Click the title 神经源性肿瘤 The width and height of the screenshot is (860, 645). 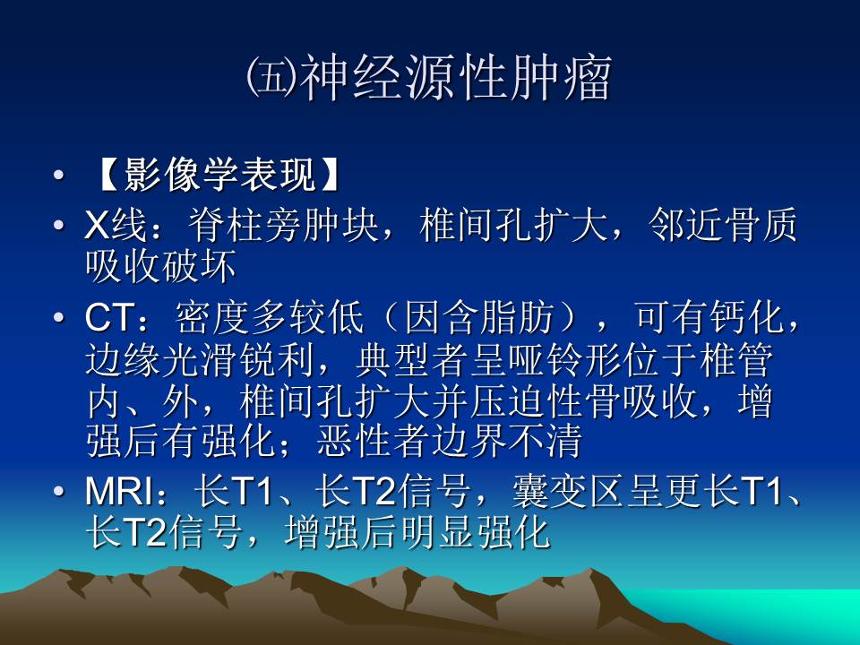[x=455, y=80]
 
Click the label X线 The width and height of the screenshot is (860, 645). [x=112, y=227]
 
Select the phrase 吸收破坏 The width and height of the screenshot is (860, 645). [x=161, y=266]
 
